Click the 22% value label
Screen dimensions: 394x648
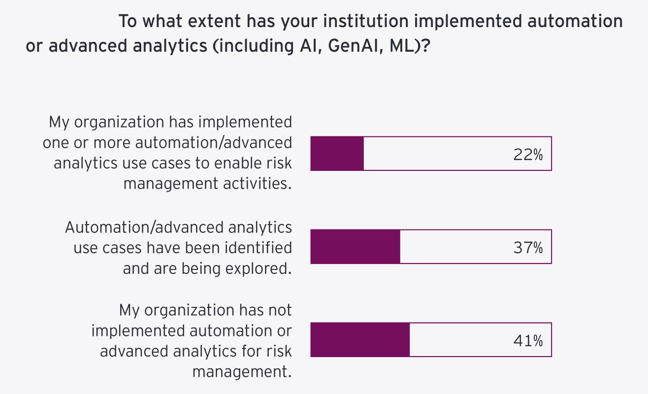tap(528, 155)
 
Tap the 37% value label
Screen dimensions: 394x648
tap(528, 248)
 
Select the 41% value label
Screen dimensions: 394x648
tap(528, 340)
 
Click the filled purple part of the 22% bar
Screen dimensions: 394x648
tap(337, 154)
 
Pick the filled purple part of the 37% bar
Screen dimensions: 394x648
tap(355, 247)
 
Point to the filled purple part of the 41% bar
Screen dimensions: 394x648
tap(360, 340)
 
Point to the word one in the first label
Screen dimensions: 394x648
tap(55, 142)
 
